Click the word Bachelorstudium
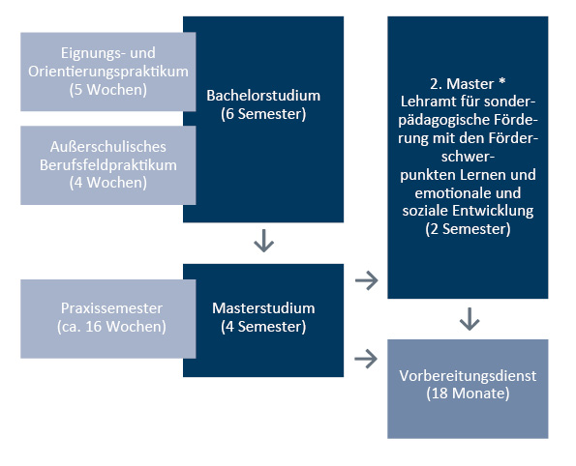[x=263, y=96]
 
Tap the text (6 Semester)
[x=263, y=114]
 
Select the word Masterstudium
[x=263, y=308]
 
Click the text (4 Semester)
[x=263, y=327]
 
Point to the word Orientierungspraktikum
[x=108, y=72]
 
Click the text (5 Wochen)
[x=108, y=90]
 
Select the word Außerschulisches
[x=108, y=147]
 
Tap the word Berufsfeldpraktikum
[x=108, y=165]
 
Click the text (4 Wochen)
[x=108, y=183]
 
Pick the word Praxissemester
[x=111, y=308]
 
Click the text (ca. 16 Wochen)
[x=111, y=327]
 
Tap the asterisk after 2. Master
[x=501, y=81]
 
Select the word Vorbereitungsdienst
[x=468, y=376]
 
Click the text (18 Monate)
[x=468, y=393]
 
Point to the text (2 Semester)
[x=468, y=229]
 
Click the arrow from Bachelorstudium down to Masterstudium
[x=263, y=241]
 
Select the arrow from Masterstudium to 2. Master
[x=367, y=280]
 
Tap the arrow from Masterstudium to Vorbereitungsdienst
[x=366, y=359]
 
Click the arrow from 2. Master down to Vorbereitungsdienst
[x=470, y=319]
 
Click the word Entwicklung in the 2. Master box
[x=493, y=211]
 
